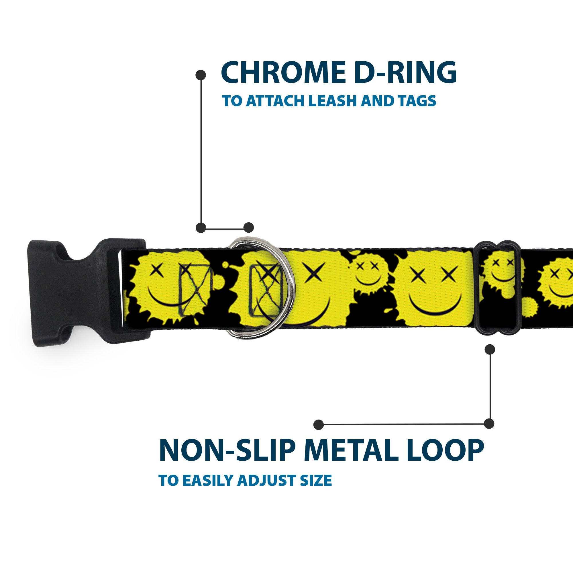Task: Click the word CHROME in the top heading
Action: pos(283,73)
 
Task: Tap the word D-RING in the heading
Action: pos(405,73)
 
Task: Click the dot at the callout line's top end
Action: pos(201,75)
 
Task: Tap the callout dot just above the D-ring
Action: pos(248,227)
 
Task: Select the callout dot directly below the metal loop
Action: pos(490,349)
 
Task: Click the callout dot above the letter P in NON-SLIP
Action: pos(319,424)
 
